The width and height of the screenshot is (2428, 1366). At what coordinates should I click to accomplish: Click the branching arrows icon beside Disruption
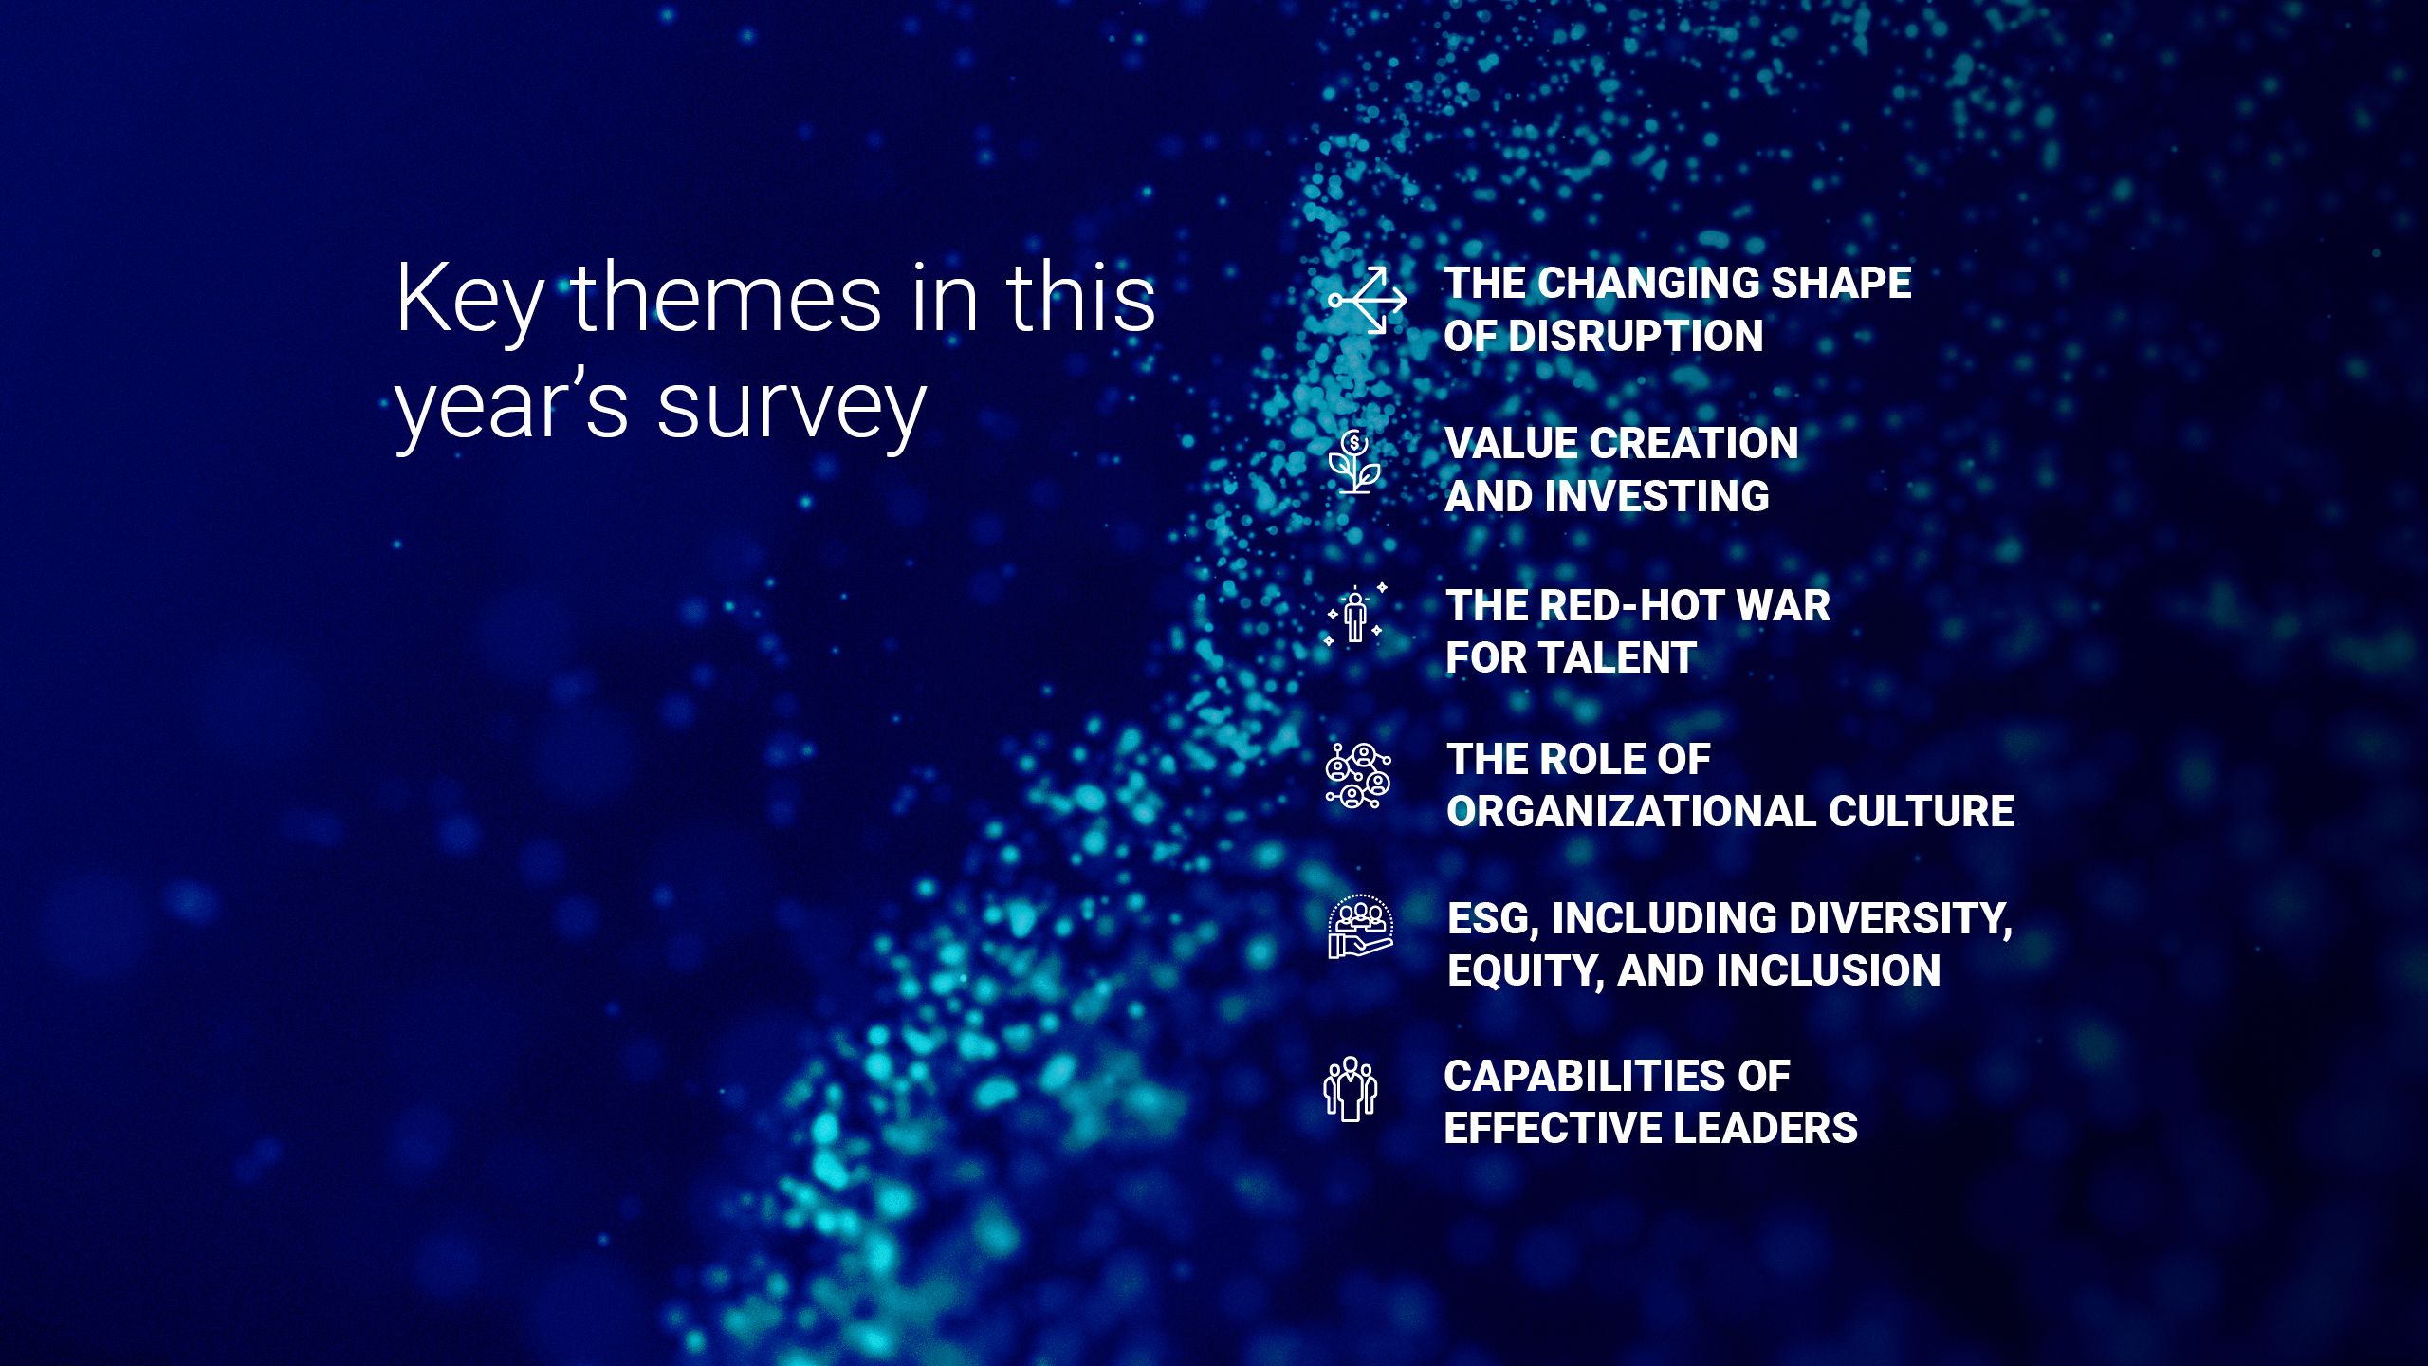tap(1368, 301)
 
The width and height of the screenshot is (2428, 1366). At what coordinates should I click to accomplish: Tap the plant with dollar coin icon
tap(1354, 461)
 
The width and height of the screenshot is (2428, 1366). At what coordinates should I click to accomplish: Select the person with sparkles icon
tap(1355, 615)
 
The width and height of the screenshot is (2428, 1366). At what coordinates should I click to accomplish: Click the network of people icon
tap(1358, 776)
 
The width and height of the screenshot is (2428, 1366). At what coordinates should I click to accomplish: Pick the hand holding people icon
tap(1360, 927)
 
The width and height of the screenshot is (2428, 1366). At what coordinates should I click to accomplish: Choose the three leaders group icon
tap(1351, 1088)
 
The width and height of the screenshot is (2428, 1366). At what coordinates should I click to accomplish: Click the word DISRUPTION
tap(1635, 336)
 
